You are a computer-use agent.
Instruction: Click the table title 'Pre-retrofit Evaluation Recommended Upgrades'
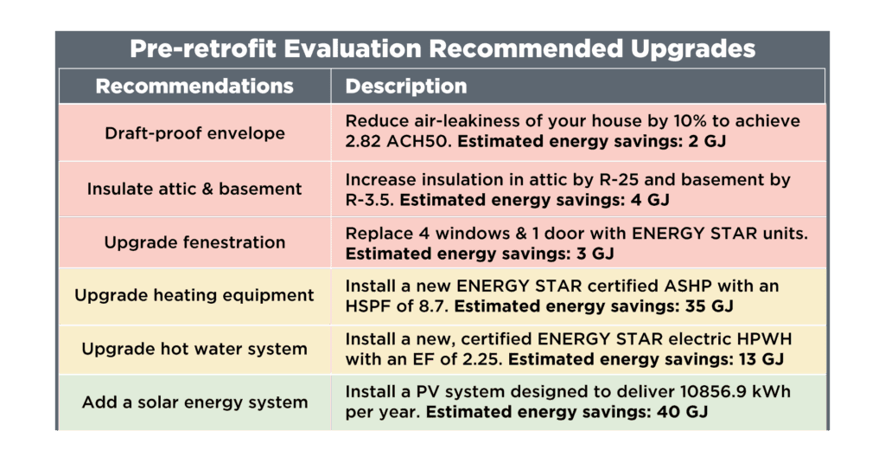click(x=442, y=48)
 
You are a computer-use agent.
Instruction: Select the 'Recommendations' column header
click(x=194, y=86)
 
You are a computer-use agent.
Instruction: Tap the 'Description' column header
click(x=406, y=87)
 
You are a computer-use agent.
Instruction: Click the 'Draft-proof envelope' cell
click(x=194, y=133)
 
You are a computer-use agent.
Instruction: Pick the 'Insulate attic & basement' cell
click(x=194, y=189)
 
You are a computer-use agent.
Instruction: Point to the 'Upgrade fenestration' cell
click(x=194, y=242)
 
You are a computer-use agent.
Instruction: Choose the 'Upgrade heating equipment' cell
click(x=194, y=295)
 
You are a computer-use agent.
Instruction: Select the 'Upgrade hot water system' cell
click(x=194, y=349)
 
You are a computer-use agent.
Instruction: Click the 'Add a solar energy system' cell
click(x=194, y=402)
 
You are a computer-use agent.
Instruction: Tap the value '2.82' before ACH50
click(x=363, y=141)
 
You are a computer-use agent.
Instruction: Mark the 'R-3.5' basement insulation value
click(x=369, y=200)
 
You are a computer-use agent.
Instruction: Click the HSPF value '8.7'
click(x=434, y=306)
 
